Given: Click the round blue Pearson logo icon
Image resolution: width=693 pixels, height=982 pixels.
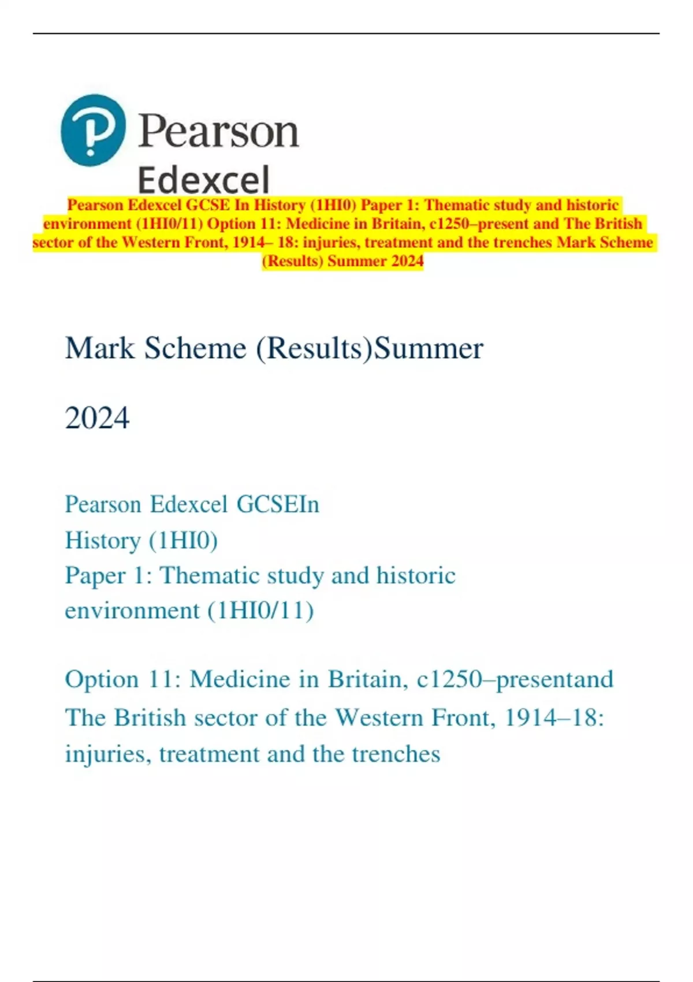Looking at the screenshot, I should (93, 131).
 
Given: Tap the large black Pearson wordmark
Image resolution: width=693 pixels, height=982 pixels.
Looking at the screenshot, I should (218, 132).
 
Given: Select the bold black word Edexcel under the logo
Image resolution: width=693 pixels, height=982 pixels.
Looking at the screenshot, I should (204, 180).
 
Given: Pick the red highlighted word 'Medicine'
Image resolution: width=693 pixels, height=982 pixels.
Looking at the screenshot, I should (318, 224).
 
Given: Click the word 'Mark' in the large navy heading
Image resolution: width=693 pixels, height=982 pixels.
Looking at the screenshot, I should (99, 348).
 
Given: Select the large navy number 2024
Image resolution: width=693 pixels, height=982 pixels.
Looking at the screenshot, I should (97, 418).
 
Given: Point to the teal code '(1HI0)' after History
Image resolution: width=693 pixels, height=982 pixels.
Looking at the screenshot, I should (183, 541).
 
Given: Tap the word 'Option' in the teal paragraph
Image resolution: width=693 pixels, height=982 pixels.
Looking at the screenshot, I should (102, 679).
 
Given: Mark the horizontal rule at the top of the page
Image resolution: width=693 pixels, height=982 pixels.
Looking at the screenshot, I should (346, 34).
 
